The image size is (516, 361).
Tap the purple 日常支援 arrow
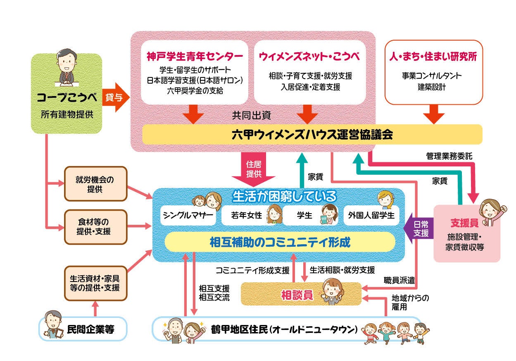coord(420,228)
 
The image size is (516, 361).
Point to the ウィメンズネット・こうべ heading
coord(309,56)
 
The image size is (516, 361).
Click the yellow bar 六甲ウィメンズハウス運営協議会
coord(312,135)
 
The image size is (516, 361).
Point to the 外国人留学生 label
coord(371,216)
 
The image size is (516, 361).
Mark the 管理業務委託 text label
coord(449,156)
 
